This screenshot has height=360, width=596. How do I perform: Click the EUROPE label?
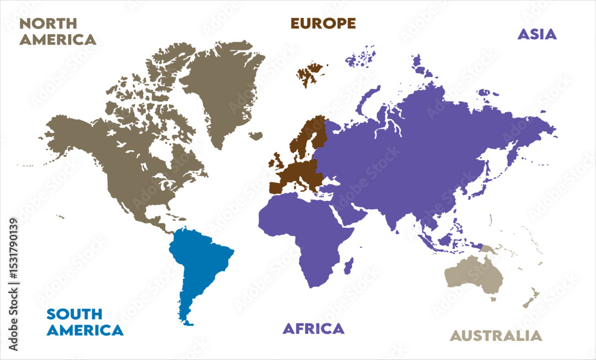pos(323,23)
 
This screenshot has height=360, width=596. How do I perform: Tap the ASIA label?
pos(536,34)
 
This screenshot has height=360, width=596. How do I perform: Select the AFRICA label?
pos(313,328)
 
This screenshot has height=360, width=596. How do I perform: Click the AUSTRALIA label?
pos(496,336)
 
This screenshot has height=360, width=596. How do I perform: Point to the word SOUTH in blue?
pos(74,314)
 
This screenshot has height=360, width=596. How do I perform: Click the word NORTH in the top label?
pos(48,24)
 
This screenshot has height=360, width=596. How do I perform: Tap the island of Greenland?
pos(223,89)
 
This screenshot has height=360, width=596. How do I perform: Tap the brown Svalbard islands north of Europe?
pos(309,75)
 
